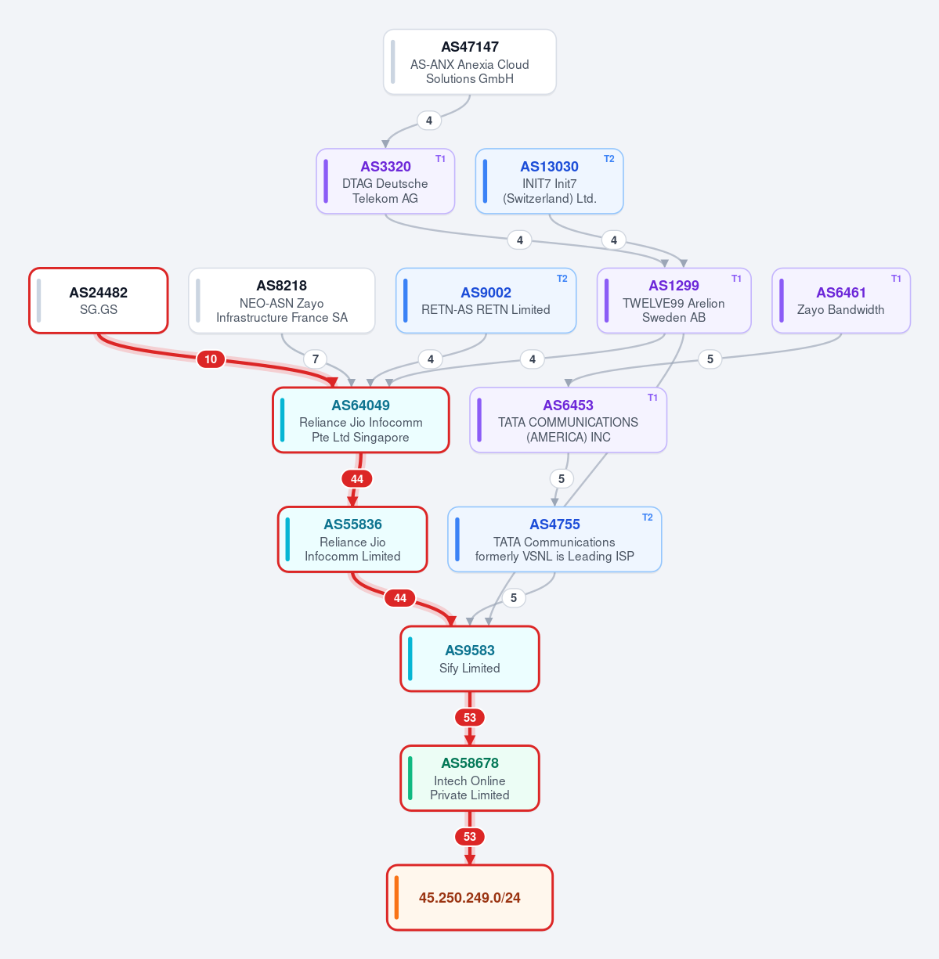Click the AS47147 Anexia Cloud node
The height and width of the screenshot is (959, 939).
[x=470, y=62]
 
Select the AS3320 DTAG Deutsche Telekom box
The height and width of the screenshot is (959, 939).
[x=385, y=181]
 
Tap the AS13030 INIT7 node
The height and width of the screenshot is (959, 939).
[x=549, y=181]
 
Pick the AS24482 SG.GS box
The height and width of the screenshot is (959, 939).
[x=99, y=301]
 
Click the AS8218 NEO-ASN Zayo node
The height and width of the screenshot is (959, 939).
[x=282, y=301]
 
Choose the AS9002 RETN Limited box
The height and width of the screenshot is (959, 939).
[x=486, y=301]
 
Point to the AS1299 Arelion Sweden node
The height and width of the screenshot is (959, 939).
[x=674, y=301]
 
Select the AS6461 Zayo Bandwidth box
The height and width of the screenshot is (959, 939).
[x=841, y=301]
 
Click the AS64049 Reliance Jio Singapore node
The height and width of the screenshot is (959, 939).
[x=361, y=420]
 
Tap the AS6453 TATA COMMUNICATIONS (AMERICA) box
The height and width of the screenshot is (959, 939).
[x=568, y=420]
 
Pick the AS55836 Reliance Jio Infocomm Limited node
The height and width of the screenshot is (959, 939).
[x=352, y=539]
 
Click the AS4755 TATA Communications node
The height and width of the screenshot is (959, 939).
[x=554, y=539]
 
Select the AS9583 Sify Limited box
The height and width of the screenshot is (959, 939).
[x=470, y=659]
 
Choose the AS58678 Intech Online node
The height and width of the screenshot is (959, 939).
[x=470, y=778]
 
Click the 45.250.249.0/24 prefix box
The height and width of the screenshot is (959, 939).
[x=470, y=897]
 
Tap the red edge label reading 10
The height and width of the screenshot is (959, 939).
[x=211, y=359]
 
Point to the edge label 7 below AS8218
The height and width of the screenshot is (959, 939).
[x=315, y=359]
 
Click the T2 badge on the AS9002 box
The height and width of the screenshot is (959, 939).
[x=562, y=279]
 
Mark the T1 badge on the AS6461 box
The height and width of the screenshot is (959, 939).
[x=896, y=279]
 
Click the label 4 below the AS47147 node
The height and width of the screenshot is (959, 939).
[x=428, y=121]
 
